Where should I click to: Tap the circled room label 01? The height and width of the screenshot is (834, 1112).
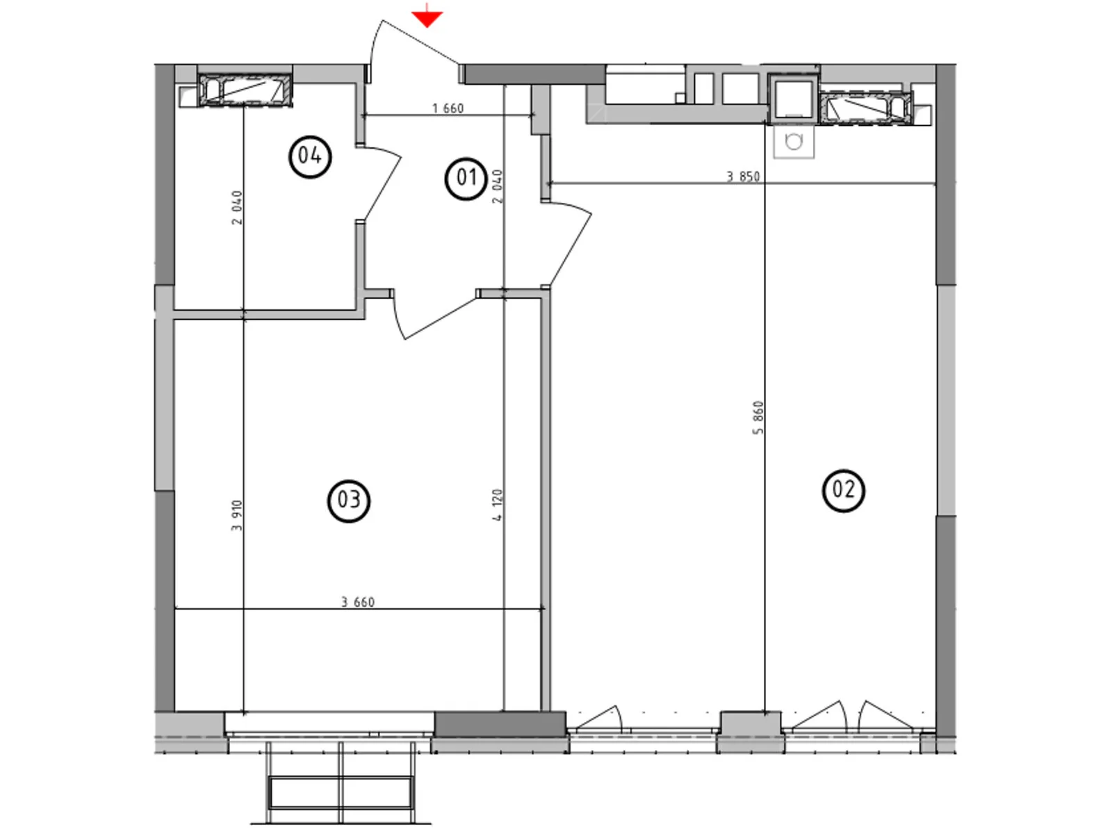[465, 179]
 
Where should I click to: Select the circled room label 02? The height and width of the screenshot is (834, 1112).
[843, 490]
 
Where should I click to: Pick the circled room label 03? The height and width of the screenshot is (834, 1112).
[348, 500]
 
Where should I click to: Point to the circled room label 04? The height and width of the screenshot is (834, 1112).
[309, 156]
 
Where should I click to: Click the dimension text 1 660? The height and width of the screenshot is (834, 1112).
[448, 108]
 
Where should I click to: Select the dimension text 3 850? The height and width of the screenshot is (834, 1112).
[743, 177]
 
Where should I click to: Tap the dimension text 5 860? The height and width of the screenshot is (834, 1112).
[758, 418]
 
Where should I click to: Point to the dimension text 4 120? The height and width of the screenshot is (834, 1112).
[497, 505]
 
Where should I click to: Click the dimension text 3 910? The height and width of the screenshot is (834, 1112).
[237, 516]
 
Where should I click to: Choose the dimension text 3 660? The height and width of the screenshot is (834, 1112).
[358, 602]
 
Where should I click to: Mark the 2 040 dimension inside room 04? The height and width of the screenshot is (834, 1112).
[237, 207]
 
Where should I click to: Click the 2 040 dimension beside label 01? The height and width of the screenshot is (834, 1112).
[497, 186]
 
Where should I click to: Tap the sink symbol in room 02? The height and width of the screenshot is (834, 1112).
[793, 142]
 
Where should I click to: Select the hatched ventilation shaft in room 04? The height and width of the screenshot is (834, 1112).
[245, 90]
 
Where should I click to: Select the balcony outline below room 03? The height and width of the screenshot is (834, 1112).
[341, 784]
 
